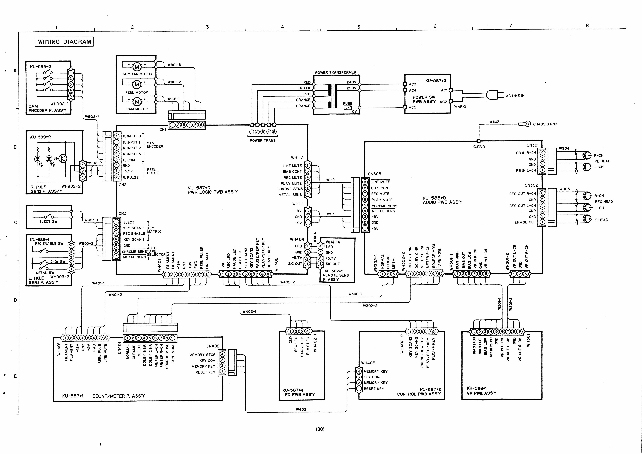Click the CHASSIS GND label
click(545, 124)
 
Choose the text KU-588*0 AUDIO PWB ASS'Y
click(442, 200)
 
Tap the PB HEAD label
click(602, 161)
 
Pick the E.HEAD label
click(601, 220)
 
